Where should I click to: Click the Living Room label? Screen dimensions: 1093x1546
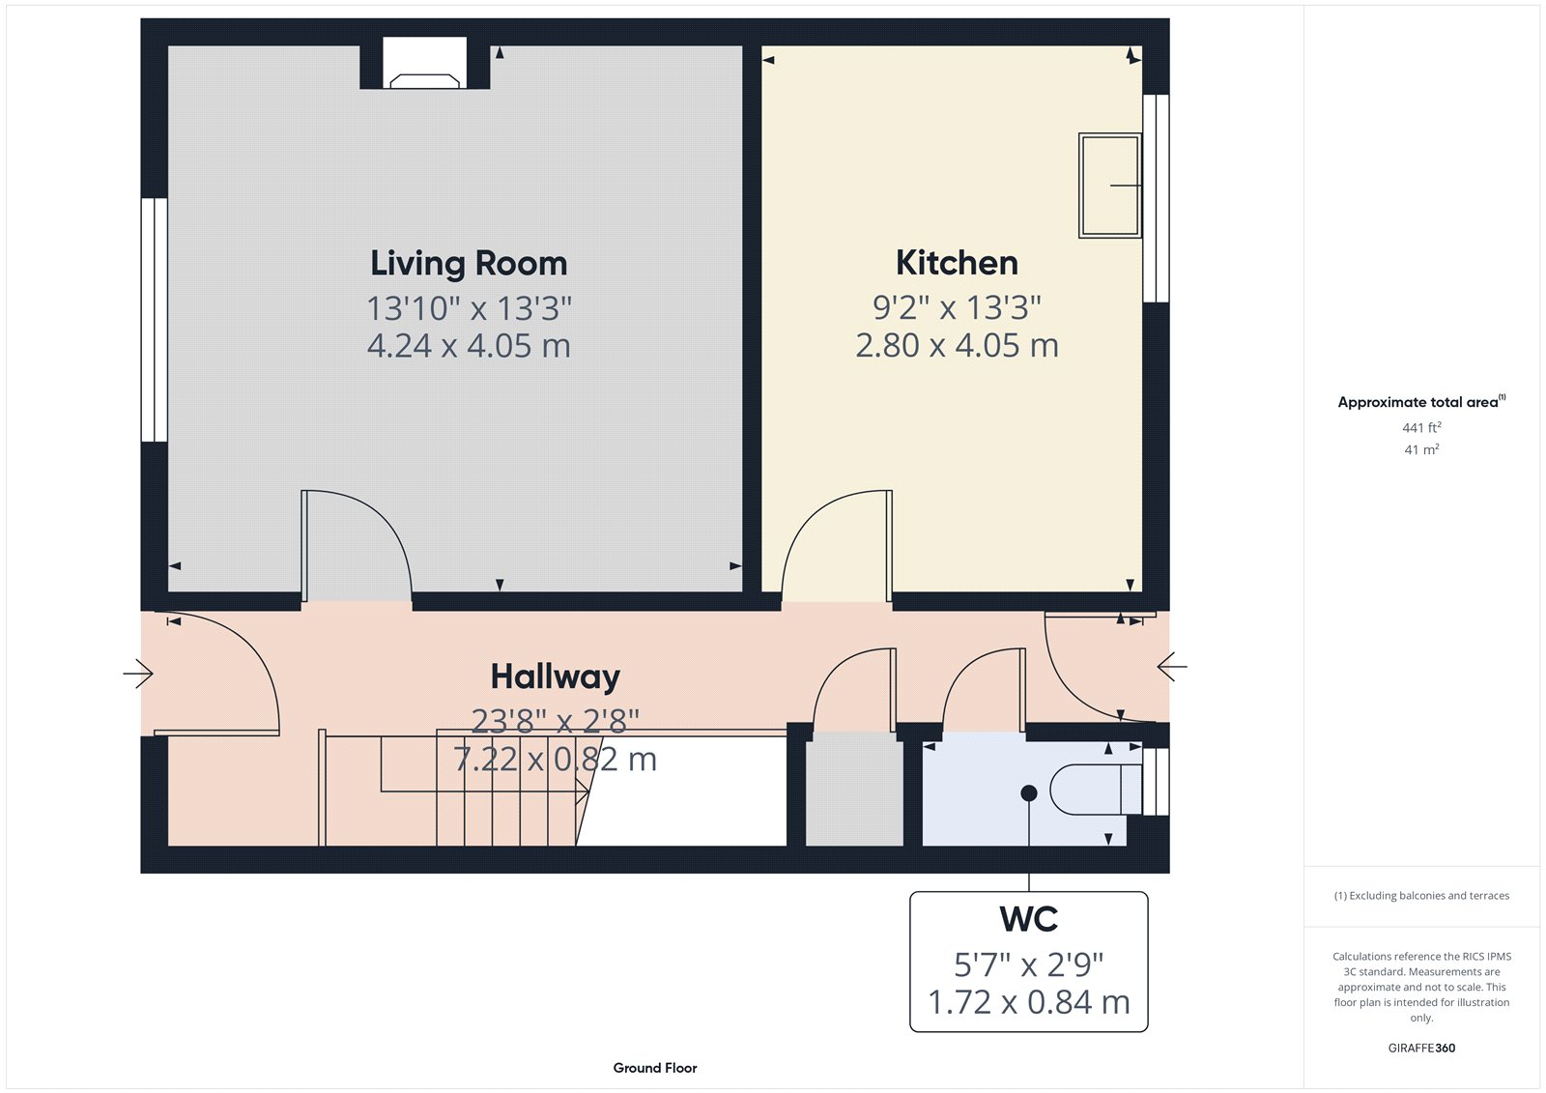tap(469, 263)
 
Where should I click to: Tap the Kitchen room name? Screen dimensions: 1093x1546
tap(957, 263)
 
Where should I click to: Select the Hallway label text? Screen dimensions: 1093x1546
tap(555, 676)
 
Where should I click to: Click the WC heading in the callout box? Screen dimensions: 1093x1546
tap(1028, 919)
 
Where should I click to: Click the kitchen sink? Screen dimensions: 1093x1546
tap(1109, 186)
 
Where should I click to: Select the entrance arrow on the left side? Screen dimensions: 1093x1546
tap(139, 674)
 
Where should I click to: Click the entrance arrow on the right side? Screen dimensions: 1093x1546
tap(1171, 666)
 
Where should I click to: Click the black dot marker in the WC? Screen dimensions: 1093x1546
tap(1029, 793)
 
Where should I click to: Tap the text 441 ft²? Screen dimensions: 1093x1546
tap(1421, 427)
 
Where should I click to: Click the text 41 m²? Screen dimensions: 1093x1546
tap(1421, 449)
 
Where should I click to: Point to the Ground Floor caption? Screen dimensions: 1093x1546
tap(654, 1068)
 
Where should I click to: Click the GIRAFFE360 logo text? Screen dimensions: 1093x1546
tap(1421, 1048)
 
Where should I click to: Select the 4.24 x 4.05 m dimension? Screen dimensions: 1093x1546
tap(469, 346)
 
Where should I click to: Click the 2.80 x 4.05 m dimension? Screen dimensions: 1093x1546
tap(957, 346)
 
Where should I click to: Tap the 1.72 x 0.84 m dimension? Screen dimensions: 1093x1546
tap(1028, 1003)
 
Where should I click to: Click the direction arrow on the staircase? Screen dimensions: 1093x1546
tap(583, 793)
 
